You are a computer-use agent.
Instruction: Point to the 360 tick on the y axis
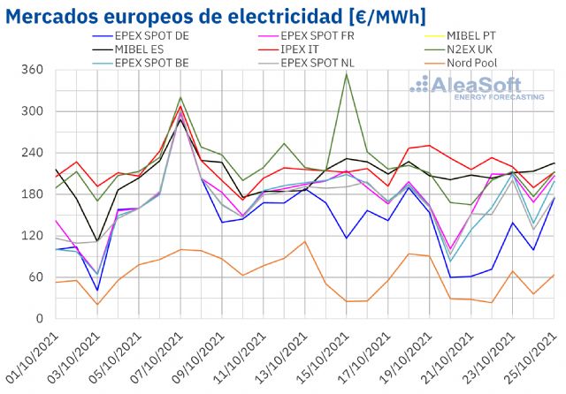point(32,70)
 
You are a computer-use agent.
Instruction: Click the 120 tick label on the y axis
point(32,236)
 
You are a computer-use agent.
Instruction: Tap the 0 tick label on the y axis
point(39,319)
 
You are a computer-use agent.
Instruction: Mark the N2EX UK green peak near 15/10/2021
point(346,73)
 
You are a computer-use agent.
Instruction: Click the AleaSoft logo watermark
point(477,88)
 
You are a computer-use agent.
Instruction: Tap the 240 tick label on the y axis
point(32,153)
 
